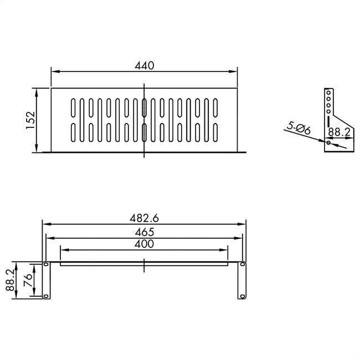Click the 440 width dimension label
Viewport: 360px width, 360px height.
[x=144, y=65]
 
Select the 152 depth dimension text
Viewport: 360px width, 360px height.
[x=30, y=120]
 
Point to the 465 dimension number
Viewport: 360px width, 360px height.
[x=144, y=232]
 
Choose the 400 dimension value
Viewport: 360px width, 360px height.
[x=144, y=244]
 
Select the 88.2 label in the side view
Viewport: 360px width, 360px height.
[x=338, y=132]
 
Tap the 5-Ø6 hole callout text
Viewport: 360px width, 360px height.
[x=299, y=128]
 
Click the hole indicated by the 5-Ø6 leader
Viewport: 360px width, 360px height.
[x=329, y=143]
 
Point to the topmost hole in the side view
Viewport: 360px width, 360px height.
[x=329, y=92]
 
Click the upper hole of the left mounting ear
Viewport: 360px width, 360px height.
[x=46, y=265]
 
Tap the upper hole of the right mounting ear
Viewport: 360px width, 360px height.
[x=242, y=265]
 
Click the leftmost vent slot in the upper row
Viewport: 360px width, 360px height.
[x=73, y=107]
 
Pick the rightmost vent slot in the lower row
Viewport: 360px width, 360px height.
[x=215, y=132]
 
